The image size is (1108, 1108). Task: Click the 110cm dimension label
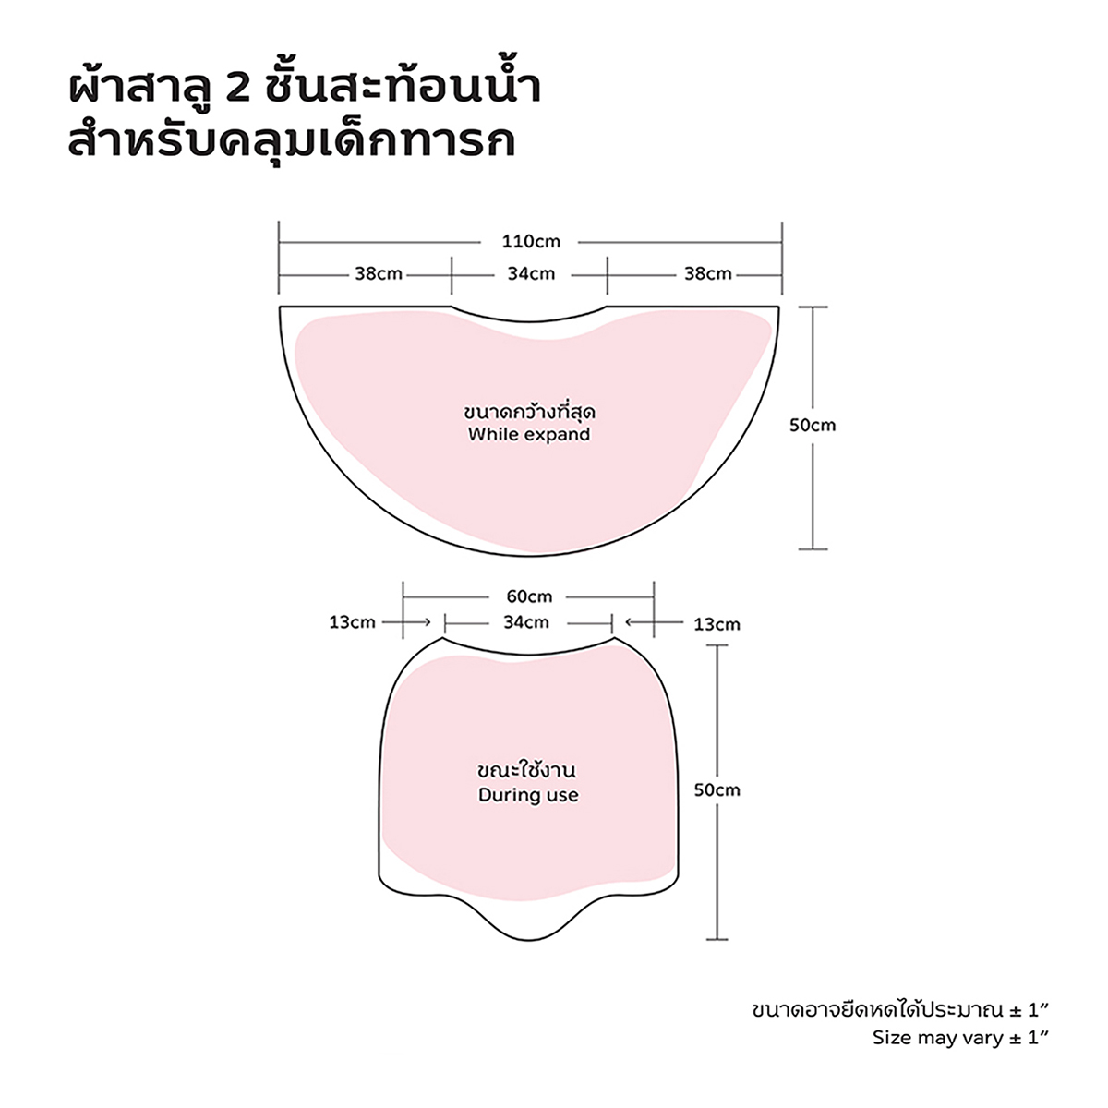[531, 242]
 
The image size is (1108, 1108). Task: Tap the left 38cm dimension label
[379, 273]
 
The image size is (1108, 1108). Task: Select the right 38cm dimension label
[708, 273]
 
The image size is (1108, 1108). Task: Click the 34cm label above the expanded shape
[531, 273]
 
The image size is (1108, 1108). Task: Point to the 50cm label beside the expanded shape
[813, 426]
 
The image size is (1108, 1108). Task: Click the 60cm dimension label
[529, 596]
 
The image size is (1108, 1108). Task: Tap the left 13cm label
[352, 622]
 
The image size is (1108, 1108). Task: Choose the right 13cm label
[717, 624]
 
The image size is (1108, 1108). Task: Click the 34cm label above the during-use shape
[526, 622]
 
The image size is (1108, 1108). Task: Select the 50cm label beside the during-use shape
[717, 790]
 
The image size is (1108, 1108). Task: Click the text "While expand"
[529, 434]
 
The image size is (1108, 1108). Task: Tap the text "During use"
[528, 795]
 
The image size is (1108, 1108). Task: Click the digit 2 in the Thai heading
[238, 90]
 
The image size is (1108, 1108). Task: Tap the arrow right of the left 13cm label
[406, 622]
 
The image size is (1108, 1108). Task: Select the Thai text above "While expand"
[529, 412]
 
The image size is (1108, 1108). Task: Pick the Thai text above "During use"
[527, 769]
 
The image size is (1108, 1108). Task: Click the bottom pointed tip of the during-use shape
[528, 940]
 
